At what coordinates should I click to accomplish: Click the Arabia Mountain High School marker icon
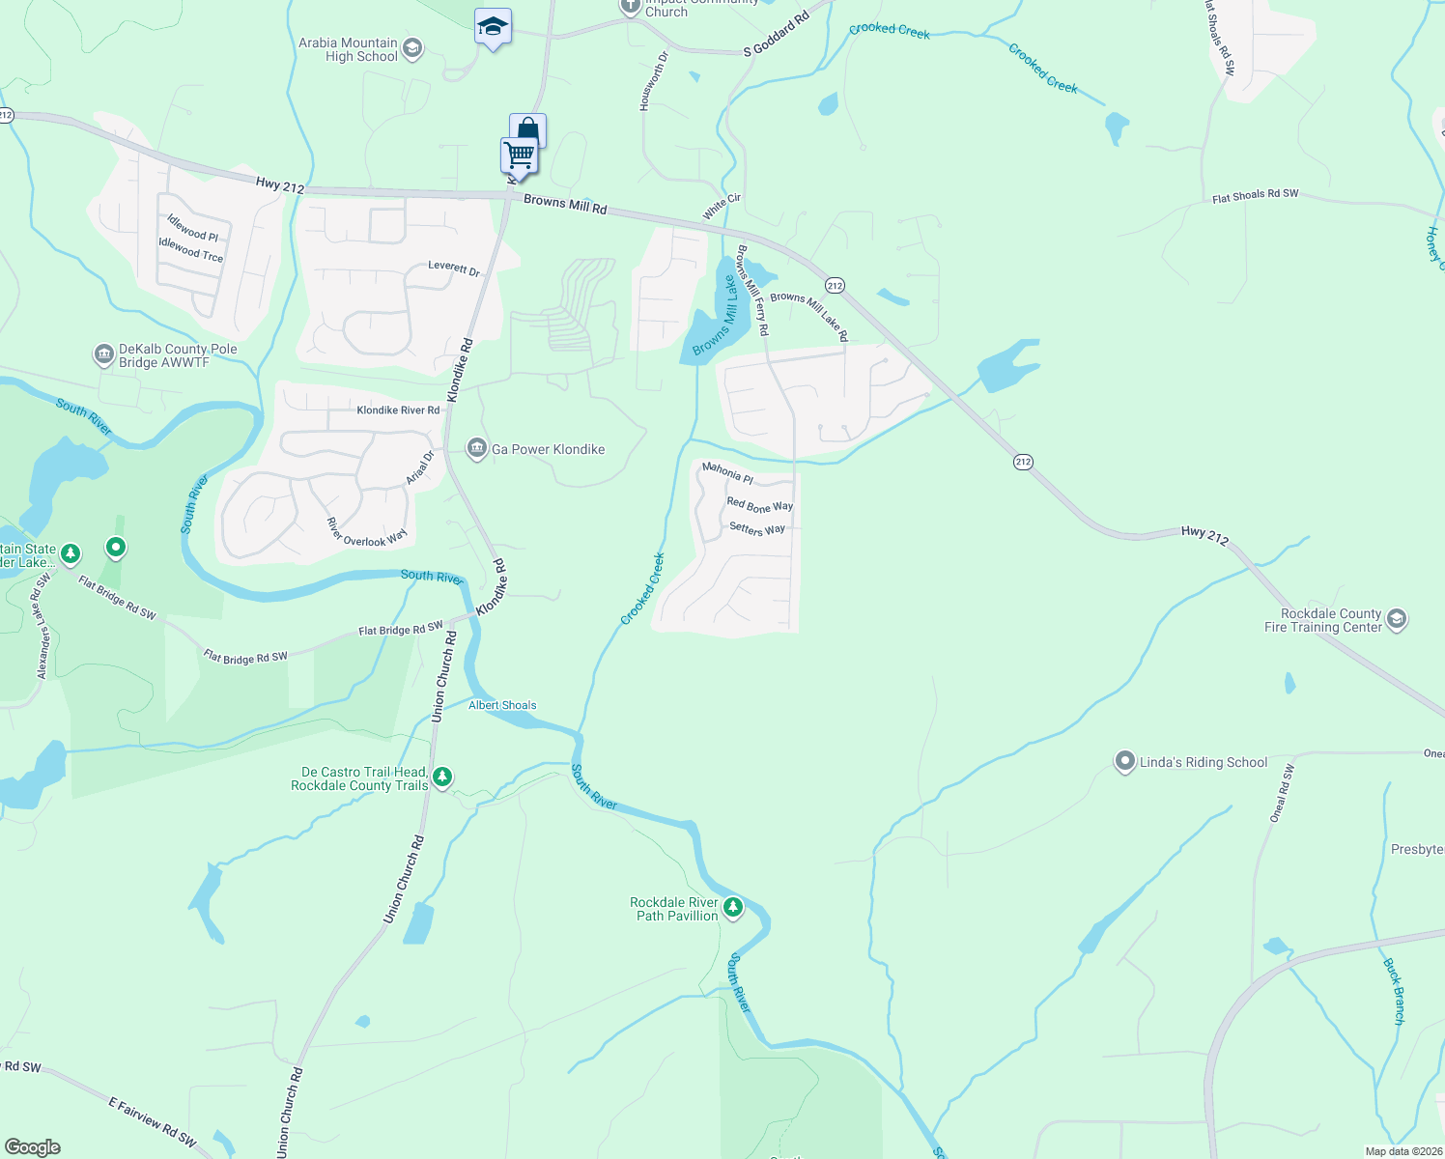pos(412,49)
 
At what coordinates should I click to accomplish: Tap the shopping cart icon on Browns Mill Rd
pos(519,155)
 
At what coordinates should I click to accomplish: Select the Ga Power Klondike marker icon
pos(476,449)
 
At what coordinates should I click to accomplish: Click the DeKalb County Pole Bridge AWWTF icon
pos(103,355)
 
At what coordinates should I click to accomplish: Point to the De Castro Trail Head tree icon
pos(442,777)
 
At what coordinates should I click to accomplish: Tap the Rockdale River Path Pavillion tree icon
pos(733,908)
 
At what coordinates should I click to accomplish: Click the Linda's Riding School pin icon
pos(1124,762)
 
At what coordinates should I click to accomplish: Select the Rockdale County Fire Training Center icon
pos(1396,619)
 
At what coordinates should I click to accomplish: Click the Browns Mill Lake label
pos(716,317)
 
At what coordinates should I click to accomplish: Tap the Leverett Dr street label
pos(454,269)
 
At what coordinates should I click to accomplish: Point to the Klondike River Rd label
pos(398,410)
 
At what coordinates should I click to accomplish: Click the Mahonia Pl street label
pos(727,472)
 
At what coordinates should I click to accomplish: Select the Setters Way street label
pos(757,528)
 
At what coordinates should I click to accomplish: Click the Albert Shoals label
pos(502,705)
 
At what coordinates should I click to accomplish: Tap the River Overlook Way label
pos(367,533)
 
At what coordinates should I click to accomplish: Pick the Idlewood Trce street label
pos(190,250)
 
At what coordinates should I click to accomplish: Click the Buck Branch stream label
pos(1394,991)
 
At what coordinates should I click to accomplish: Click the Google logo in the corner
pos(33,1147)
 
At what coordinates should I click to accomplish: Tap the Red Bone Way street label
pos(759,505)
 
